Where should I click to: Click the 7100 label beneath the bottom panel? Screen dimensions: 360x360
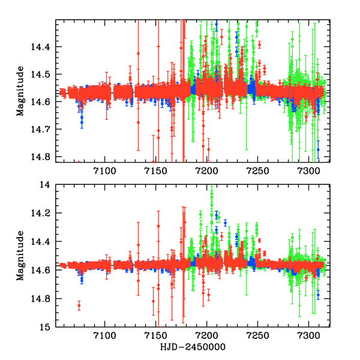point(104,338)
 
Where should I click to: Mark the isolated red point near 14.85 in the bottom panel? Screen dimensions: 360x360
point(79,306)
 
